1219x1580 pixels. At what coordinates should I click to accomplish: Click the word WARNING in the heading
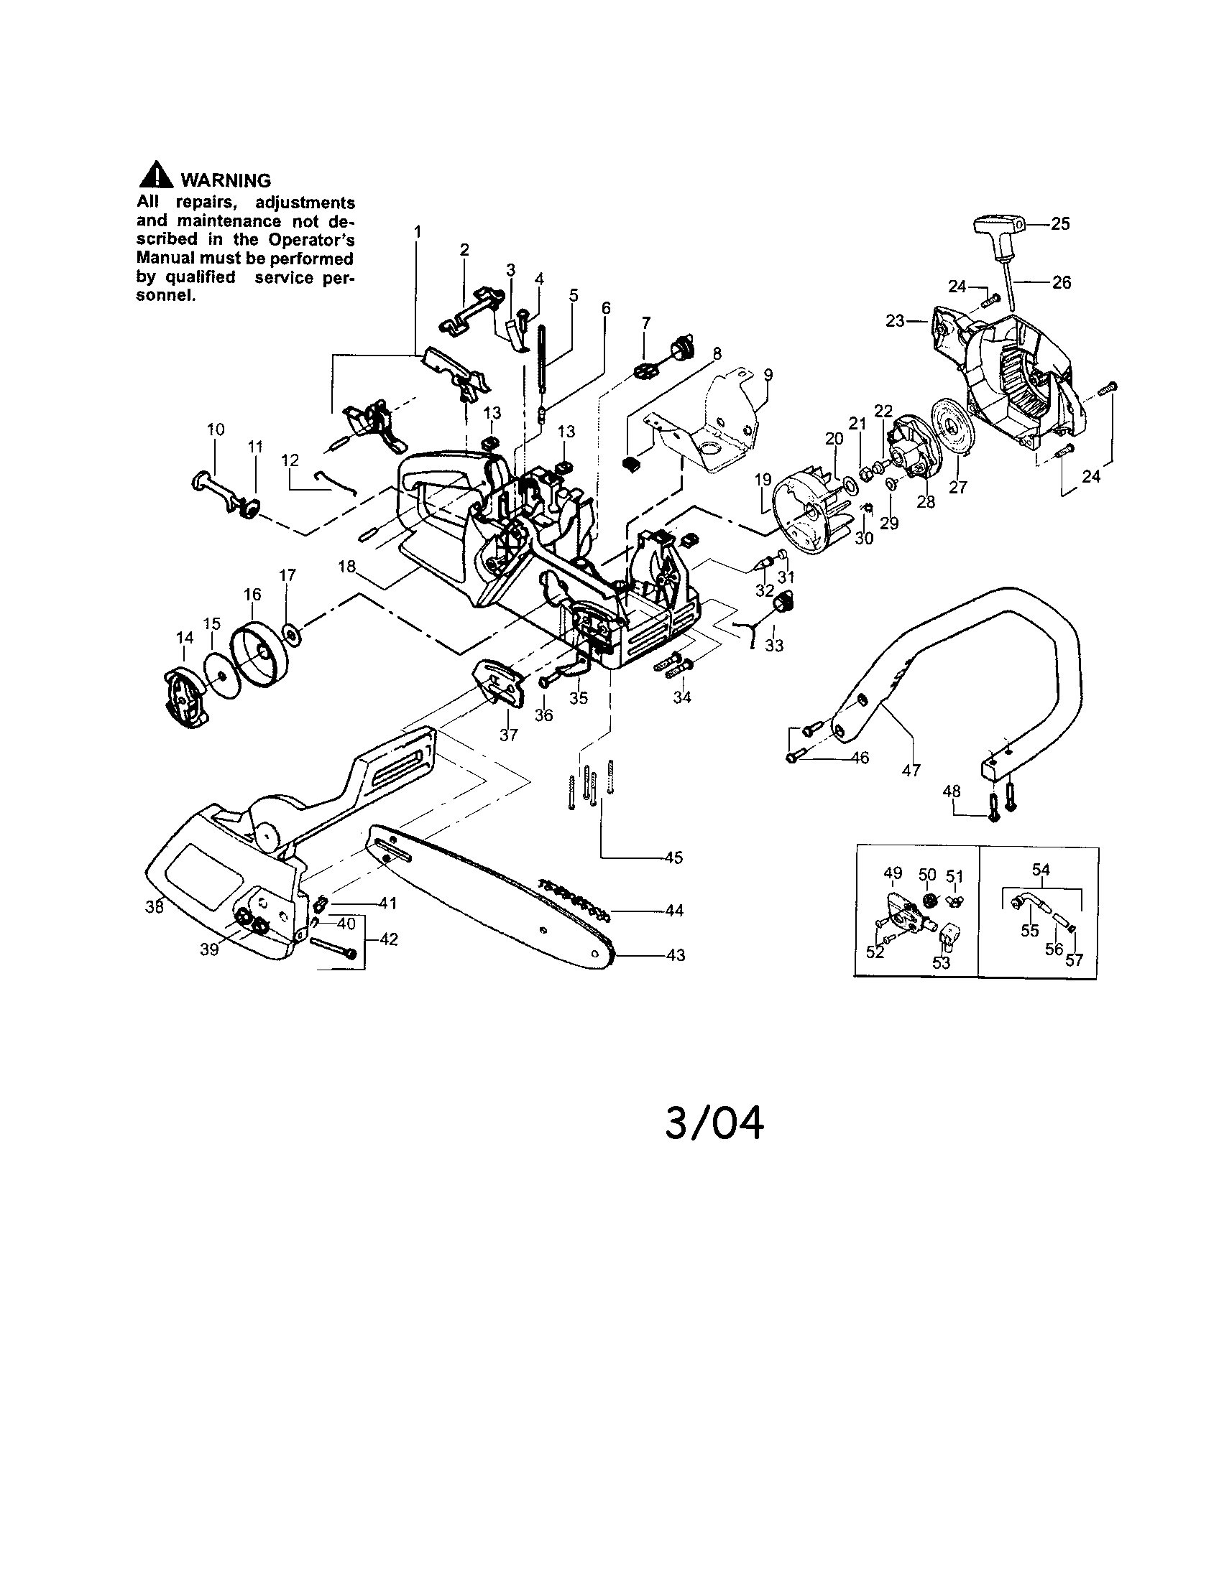point(225,180)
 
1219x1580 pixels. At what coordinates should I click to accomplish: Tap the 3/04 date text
point(714,1124)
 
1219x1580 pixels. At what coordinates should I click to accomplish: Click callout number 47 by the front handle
point(911,771)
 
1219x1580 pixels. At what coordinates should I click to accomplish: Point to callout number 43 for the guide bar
point(675,955)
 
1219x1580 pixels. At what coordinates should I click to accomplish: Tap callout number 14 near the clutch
point(185,637)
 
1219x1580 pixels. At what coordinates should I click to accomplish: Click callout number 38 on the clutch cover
point(155,906)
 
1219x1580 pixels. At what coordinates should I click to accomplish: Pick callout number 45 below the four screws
point(674,858)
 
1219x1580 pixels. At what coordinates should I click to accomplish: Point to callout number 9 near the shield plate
point(768,374)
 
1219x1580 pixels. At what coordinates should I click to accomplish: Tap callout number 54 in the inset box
point(1041,870)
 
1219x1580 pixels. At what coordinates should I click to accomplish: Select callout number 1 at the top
point(417,231)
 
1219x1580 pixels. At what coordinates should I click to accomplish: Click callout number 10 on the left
point(216,429)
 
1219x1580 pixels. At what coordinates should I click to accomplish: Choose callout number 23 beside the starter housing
point(896,320)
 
